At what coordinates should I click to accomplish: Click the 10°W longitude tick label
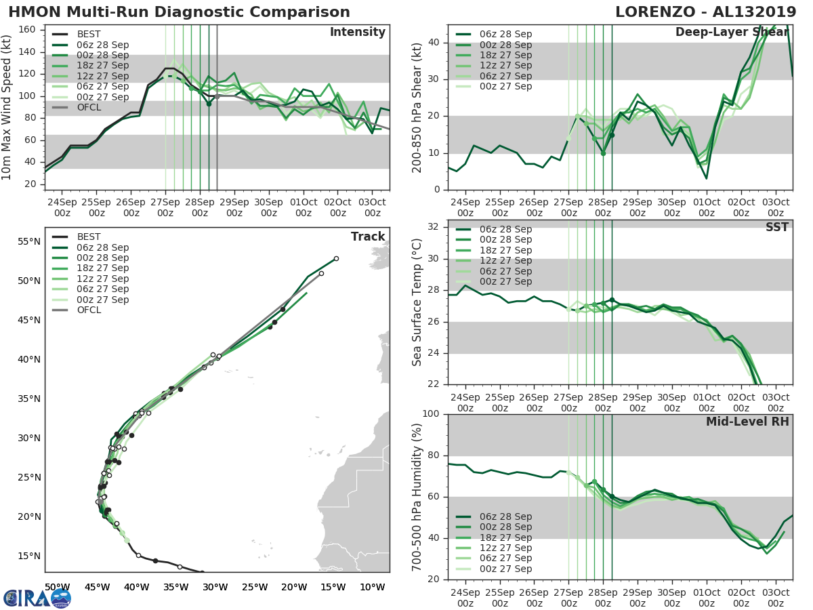(372, 587)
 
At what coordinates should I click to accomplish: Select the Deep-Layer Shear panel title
(732, 33)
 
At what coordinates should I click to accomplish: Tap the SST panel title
(777, 227)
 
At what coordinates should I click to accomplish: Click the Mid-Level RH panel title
(747, 422)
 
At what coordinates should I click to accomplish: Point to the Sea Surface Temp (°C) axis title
(417, 302)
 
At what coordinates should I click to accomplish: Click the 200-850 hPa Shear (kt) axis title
(417, 108)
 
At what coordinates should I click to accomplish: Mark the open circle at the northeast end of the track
(336, 258)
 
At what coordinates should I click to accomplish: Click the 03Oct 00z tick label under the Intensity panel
(372, 207)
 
